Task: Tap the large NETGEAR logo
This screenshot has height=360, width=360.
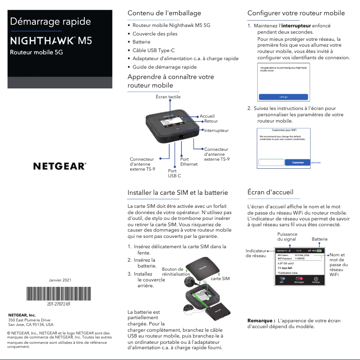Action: click(x=60, y=166)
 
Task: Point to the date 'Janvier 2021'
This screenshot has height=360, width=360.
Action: click(x=59, y=280)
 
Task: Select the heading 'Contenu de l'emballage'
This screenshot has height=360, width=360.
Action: click(x=164, y=13)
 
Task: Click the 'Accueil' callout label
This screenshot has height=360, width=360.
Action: click(x=207, y=116)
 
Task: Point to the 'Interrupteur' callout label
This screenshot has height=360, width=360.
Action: click(x=216, y=131)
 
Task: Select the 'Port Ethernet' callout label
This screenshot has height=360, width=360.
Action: click(x=189, y=162)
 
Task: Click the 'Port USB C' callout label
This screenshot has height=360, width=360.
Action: click(x=174, y=173)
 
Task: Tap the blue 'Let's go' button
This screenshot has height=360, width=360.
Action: click(x=283, y=97)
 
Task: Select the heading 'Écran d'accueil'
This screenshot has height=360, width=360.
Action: click(x=273, y=193)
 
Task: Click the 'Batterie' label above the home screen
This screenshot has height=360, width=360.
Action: click(x=320, y=239)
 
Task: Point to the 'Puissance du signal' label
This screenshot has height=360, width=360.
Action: click(x=287, y=237)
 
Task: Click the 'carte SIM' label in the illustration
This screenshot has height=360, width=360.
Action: click(x=220, y=279)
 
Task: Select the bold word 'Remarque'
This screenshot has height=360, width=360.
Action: click(x=261, y=321)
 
